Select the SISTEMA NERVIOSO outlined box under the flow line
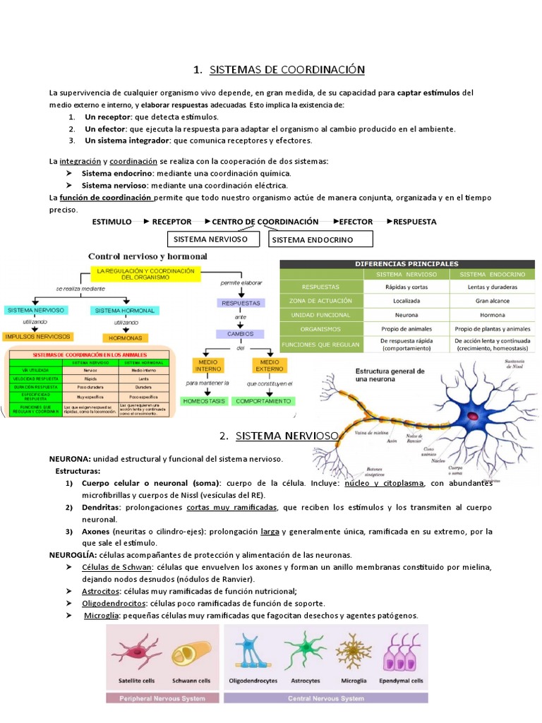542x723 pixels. point(210,239)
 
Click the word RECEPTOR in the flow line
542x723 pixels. point(171,222)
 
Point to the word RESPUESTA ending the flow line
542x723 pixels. point(414,222)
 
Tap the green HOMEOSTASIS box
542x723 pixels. point(204,400)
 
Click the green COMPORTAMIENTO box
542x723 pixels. point(263,400)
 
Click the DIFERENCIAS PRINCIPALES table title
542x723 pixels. point(406,263)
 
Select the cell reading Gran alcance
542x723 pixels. point(492,301)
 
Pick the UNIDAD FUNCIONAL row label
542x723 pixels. point(320,315)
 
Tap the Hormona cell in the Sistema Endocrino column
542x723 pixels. point(492,315)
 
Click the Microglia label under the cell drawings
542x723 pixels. point(353,681)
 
